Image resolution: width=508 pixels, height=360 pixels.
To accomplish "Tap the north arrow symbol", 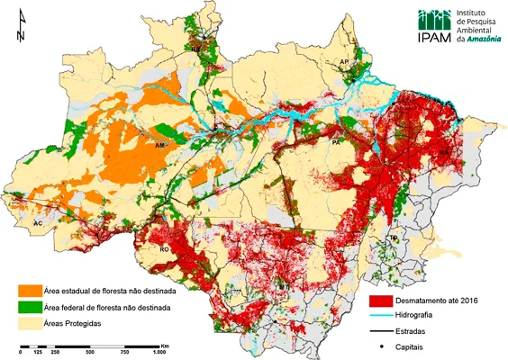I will [20, 29].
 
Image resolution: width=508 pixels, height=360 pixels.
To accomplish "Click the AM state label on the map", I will [160, 145].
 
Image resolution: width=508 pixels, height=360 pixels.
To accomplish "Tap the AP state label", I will [343, 62].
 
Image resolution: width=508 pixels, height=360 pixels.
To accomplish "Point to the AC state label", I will [38, 221].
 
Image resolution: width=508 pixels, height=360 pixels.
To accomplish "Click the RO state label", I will [165, 249].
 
